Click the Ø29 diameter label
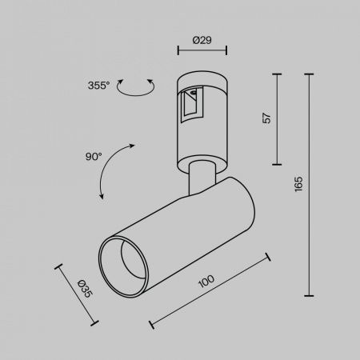click(x=202, y=40)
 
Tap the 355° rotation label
click(x=98, y=86)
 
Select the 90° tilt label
click(x=94, y=156)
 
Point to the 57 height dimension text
click(x=266, y=118)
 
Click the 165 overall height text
click(x=298, y=184)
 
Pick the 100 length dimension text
click(x=206, y=281)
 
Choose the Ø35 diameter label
click(x=85, y=289)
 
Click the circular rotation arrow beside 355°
click(x=136, y=87)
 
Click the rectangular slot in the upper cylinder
click(x=192, y=105)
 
